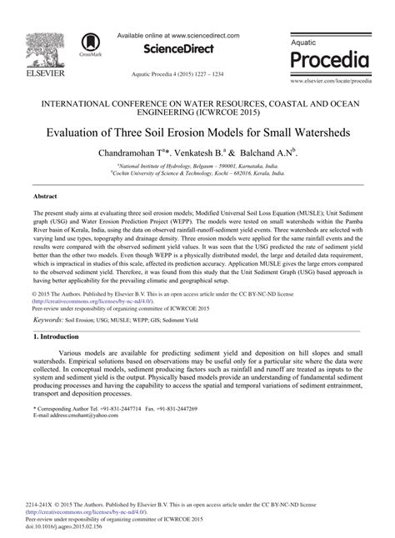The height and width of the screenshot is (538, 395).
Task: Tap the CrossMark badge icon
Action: [x=88, y=44]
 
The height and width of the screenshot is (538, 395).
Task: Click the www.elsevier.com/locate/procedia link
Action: [x=329, y=81]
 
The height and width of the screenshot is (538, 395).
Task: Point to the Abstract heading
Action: [x=45, y=197]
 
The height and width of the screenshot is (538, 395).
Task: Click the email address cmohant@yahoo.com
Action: [x=87, y=415]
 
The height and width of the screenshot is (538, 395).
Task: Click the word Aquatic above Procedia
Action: [x=306, y=41]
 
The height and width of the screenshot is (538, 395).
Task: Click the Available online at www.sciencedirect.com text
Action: [x=178, y=36]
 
